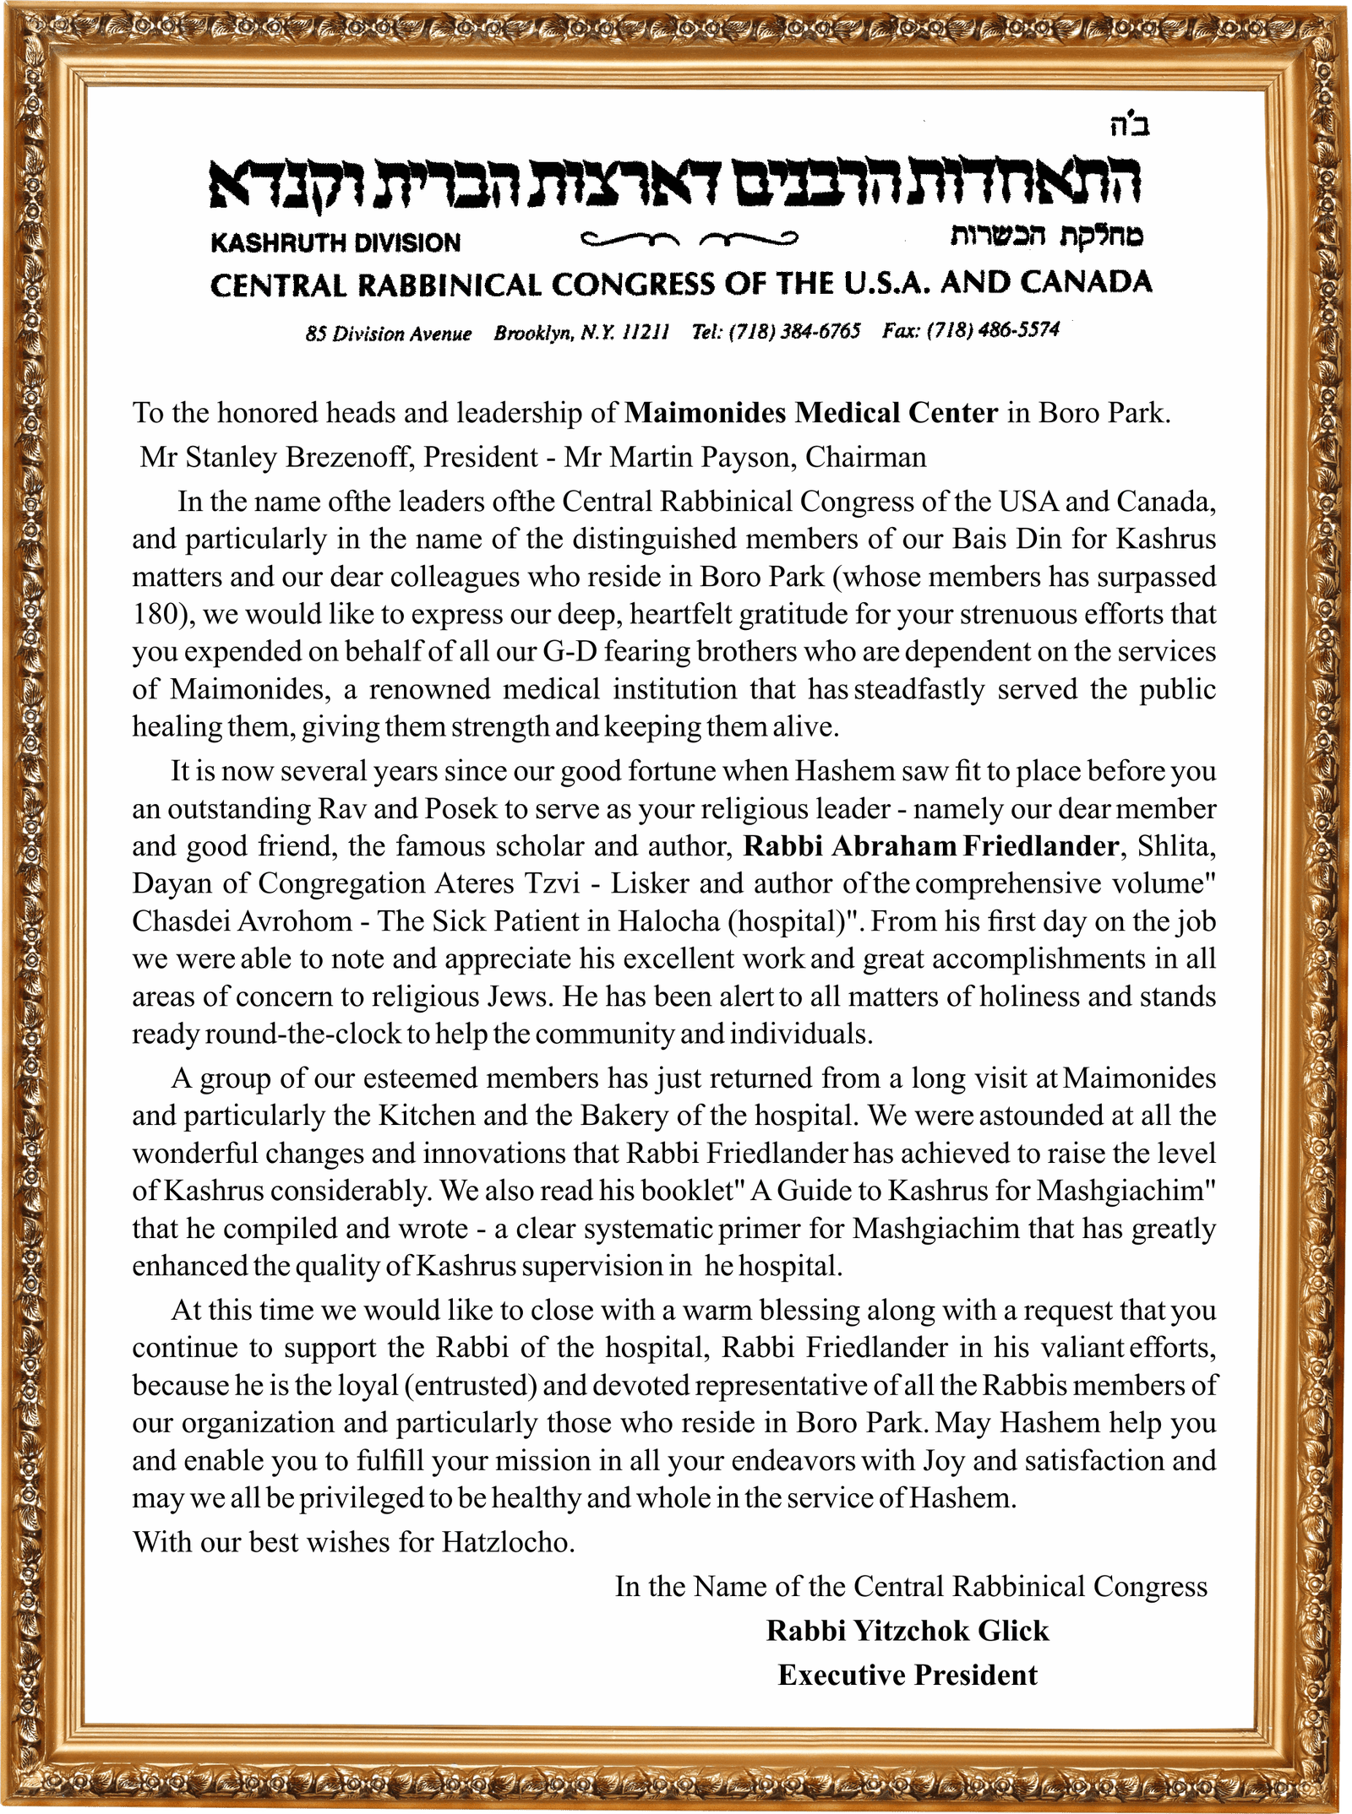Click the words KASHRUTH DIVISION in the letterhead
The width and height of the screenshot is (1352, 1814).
(335, 243)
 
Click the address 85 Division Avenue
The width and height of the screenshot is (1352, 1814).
(389, 334)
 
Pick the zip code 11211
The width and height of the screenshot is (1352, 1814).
(646, 332)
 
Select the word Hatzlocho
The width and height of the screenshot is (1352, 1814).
(508, 1543)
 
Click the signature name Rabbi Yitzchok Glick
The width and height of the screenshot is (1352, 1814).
(907, 1631)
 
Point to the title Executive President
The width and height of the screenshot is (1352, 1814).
(907, 1675)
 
